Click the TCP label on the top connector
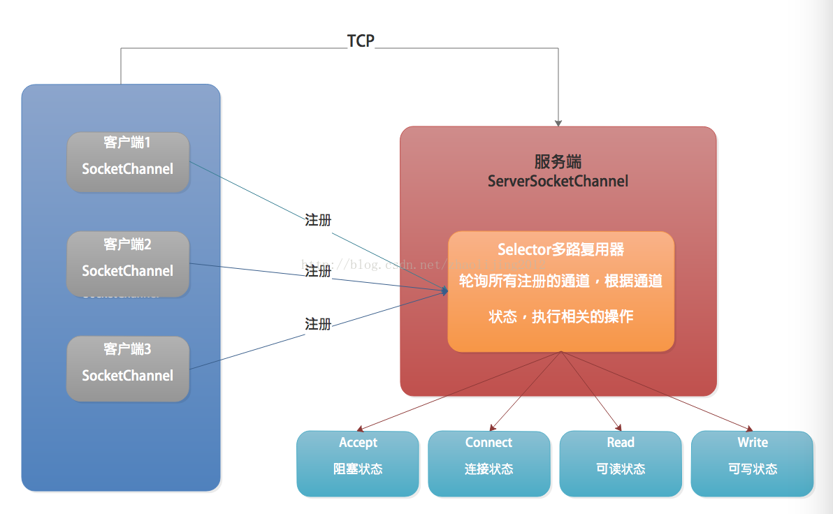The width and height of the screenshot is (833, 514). point(361,41)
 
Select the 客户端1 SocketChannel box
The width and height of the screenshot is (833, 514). point(128,162)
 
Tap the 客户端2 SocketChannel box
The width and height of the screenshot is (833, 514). point(128,263)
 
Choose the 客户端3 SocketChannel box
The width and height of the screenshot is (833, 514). point(128,369)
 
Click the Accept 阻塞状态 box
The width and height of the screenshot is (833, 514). point(358,463)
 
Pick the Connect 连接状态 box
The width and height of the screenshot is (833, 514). point(489,463)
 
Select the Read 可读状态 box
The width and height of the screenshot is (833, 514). point(621,463)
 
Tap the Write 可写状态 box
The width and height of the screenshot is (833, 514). point(752,463)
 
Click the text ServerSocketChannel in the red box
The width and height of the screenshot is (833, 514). point(558,182)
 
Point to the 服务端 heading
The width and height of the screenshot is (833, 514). point(558,162)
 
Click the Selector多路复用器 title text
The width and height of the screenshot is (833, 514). point(560,249)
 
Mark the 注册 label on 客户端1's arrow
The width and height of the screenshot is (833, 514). point(318,220)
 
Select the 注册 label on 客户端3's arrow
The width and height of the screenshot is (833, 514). point(318,324)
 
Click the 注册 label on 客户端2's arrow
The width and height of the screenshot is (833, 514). point(318,271)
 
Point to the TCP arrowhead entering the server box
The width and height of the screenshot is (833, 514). point(558,122)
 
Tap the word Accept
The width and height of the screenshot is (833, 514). point(358,443)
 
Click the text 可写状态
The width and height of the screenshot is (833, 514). point(752,469)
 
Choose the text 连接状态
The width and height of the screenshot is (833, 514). point(489,469)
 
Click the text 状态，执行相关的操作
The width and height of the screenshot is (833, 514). point(560,316)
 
